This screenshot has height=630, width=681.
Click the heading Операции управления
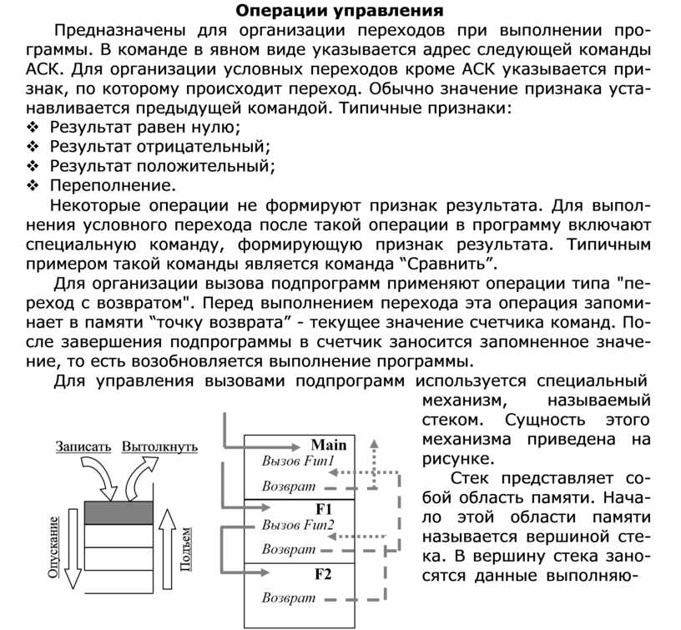pyautogui.click(x=338, y=11)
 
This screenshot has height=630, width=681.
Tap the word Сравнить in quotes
pyautogui.click(x=445, y=265)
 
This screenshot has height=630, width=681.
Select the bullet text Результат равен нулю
pyautogui.click(x=144, y=127)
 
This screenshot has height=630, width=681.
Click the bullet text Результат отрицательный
pyautogui.click(x=161, y=146)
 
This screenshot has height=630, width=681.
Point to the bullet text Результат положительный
pyautogui.click(x=162, y=165)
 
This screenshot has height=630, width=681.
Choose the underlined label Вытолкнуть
pyautogui.click(x=159, y=446)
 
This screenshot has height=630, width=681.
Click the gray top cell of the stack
pyautogui.click(x=120, y=512)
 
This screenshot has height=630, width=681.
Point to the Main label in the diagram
pyautogui.click(x=328, y=445)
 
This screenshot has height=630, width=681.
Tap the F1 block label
pyautogui.click(x=324, y=509)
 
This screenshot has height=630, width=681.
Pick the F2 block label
pyautogui.click(x=323, y=574)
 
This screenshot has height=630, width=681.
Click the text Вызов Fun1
pyautogui.click(x=298, y=461)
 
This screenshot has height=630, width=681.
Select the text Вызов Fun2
pyautogui.click(x=298, y=525)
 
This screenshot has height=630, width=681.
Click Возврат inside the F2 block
pyautogui.click(x=289, y=598)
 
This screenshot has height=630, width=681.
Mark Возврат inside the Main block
pyautogui.click(x=289, y=486)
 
